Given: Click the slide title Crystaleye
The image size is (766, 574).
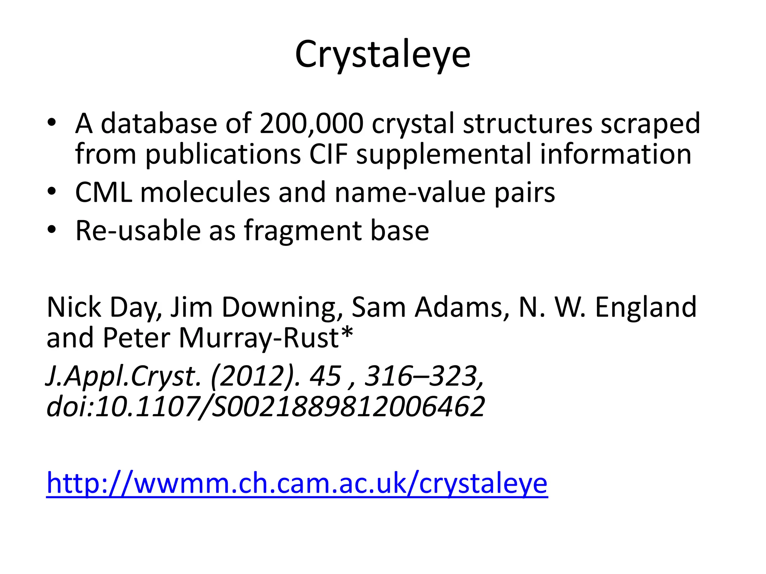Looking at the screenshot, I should [383, 55].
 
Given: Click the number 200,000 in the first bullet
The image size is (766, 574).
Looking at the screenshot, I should [312, 124].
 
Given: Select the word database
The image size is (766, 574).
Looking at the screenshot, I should [159, 124].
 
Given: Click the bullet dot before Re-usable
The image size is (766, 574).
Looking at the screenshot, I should [52, 229].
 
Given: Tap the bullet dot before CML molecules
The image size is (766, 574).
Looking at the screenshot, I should [52, 191].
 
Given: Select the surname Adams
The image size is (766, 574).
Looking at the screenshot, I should [463, 308].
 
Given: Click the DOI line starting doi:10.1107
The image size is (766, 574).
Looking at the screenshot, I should [266, 407].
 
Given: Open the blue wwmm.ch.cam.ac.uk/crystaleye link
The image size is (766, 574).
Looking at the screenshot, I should [297, 484].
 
